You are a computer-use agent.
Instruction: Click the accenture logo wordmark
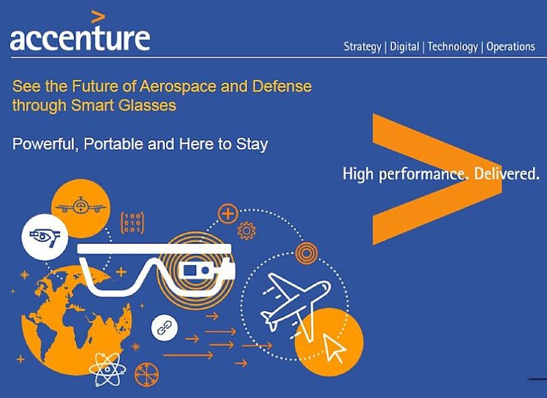click(79, 38)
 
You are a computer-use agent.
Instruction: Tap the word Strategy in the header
click(362, 47)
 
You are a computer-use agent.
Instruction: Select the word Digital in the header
click(404, 47)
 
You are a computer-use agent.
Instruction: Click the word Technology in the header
click(453, 47)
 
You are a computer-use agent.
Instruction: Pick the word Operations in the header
click(510, 47)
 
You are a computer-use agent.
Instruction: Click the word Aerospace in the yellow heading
click(178, 86)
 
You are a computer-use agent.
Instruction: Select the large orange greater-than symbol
click(431, 179)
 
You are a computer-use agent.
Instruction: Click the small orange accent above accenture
click(98, 16)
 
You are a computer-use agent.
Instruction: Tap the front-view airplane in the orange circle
click(80, 205)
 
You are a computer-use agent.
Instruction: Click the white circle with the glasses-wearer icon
click(44, 237)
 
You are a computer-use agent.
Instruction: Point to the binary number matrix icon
click(131, 223)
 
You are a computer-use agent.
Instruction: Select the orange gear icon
click(247, 231)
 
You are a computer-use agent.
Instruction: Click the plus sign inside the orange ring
click(228, 214)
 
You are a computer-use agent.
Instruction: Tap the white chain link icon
click(164, 327)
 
